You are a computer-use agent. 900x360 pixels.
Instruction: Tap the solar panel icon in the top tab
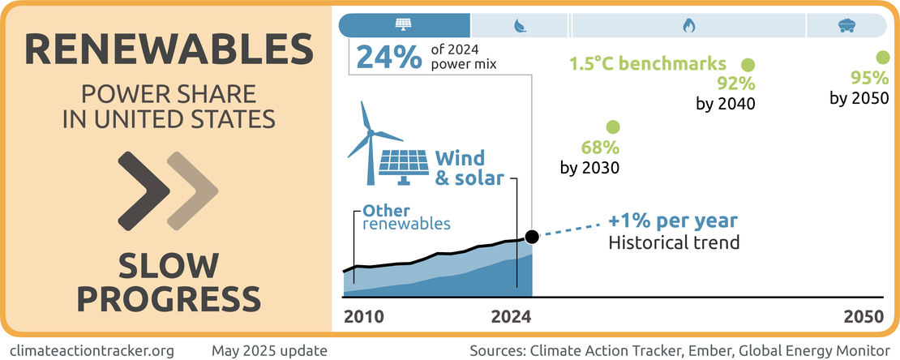point(403,25)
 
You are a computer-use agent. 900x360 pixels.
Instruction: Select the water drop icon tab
point(520,25)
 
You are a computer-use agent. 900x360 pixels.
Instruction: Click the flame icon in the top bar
point(688,25)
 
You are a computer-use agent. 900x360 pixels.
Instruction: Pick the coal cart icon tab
point(845,25)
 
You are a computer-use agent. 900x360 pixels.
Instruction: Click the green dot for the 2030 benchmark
point(613,127)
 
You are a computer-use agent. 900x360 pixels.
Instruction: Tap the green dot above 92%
point(748,64)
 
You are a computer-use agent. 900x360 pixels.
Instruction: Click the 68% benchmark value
point(600,148)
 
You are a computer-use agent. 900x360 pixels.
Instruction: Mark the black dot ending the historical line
point(532,237)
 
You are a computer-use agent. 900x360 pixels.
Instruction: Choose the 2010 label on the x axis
point(364,316)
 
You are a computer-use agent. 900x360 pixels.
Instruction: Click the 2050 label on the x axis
point(862,316)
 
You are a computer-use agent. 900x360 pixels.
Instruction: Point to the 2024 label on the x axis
point(511,316)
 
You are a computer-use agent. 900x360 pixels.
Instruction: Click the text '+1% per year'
point(672,221)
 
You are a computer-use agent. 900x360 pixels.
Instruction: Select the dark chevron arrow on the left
point(144,191)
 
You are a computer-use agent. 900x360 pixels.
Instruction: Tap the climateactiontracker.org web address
point(94,350)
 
